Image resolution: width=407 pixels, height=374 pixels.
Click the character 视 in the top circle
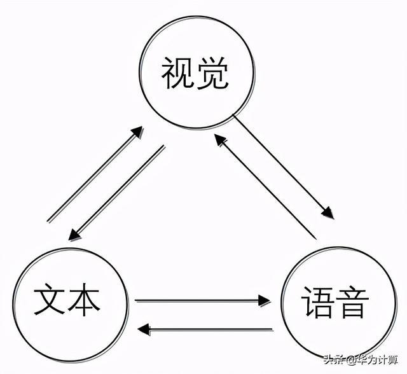[176, 74]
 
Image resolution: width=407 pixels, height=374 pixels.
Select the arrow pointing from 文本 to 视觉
[95, 174]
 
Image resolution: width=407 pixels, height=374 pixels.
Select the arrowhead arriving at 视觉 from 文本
[136, 132]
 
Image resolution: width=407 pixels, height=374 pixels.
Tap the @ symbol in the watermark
[350, 360]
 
